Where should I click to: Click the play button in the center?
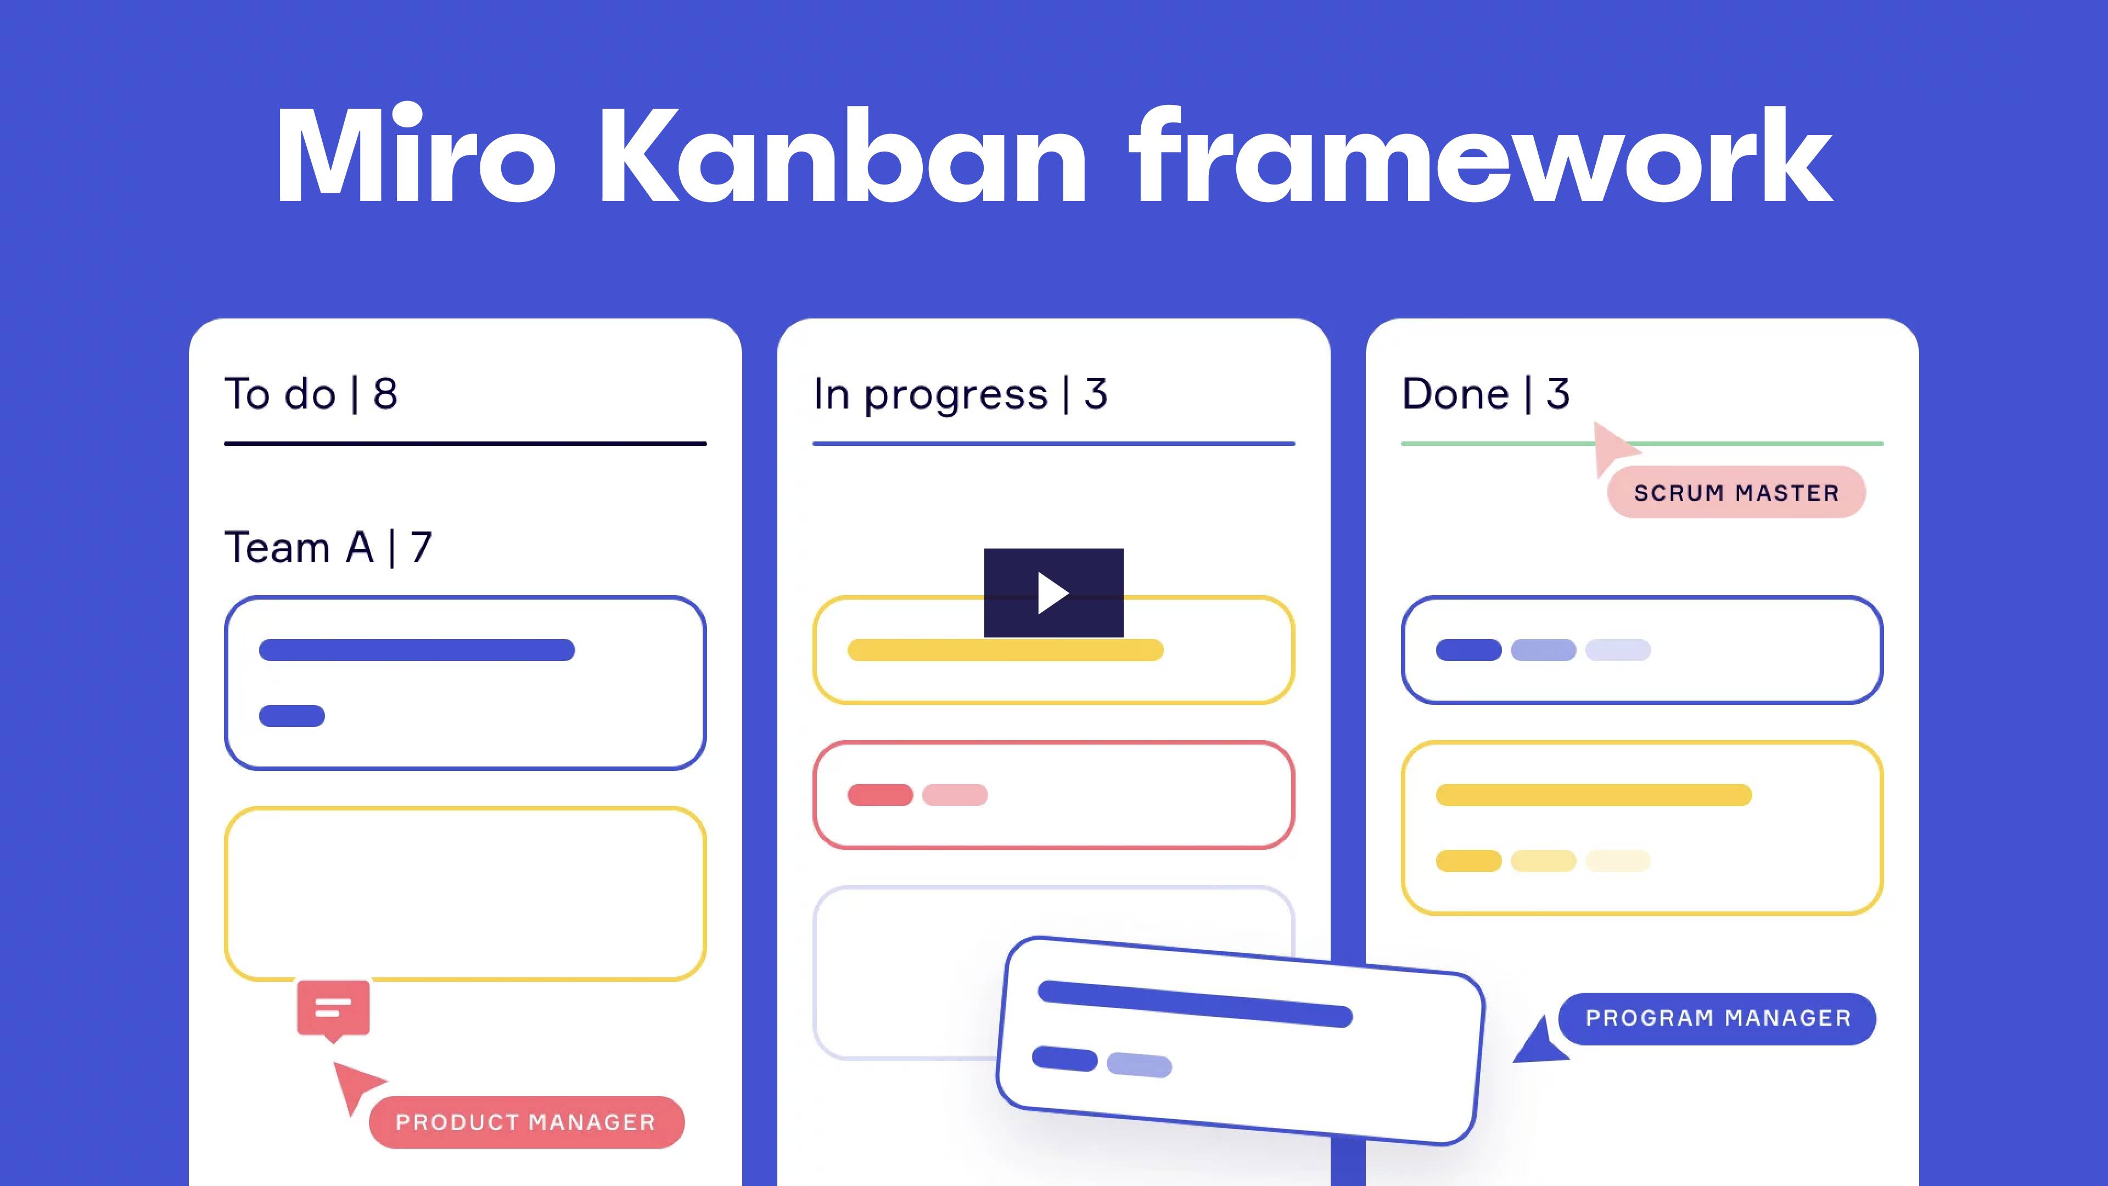pyautogui.click(x=1053, y=592)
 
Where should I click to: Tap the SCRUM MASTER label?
pyautogui.click(x=1736, y=492)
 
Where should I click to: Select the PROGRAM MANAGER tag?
pyautogui.click(x=1718, y=1018)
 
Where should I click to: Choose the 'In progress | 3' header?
pyautogui.click(x=960, y=395)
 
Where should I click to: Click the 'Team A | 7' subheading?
pyautogui.click(x=328, y=547)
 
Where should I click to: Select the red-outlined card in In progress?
pyautogui.click(x=1053, y=795)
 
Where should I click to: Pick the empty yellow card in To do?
pyautogui.click(x=465, y=894)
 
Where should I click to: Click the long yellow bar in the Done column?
pyautogui.click(x=1593, y=795)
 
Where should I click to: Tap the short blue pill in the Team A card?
pyautogui.click(x=292, y=716)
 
